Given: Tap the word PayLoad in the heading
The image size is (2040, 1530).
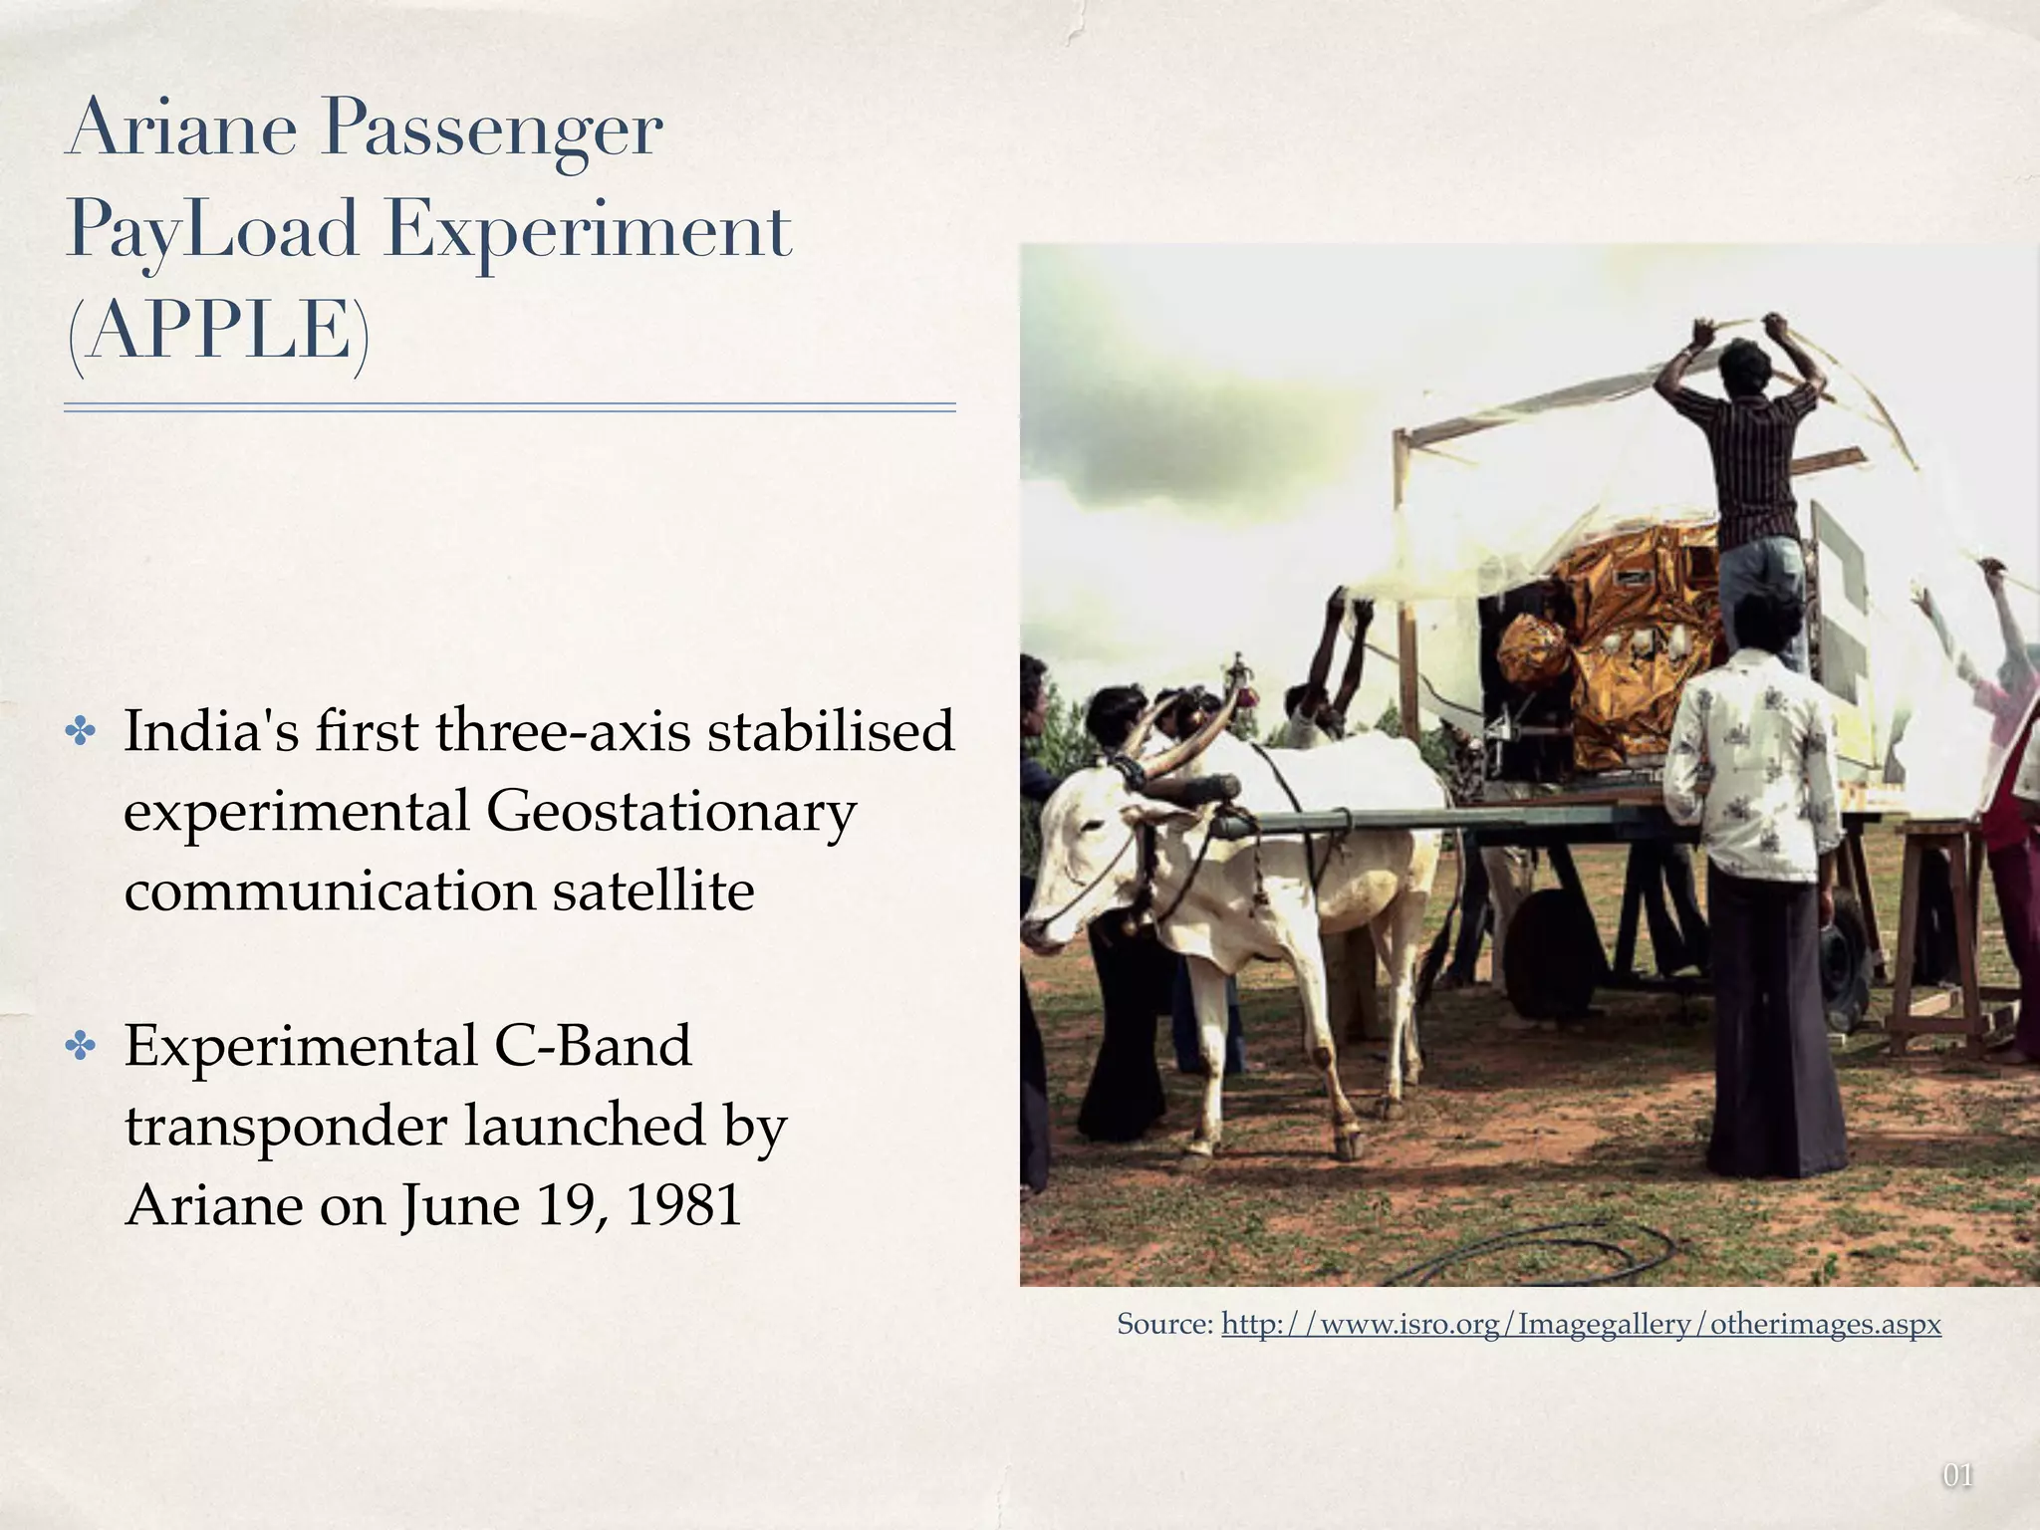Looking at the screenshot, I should pyautogui.click(x=211, y=231).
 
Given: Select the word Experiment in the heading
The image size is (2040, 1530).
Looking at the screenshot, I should pyautogui.click(x=588, y=231).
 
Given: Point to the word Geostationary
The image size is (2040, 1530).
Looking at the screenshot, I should pyautogui.click(x=670, y=812).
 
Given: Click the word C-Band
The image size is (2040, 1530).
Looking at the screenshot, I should pyautogui.click(x=592, y=1046).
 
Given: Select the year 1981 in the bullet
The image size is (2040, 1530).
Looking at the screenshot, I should pyautogui.click(x=684, y=1205).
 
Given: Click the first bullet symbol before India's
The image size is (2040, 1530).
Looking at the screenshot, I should pyautogui.click(x=81, y=733).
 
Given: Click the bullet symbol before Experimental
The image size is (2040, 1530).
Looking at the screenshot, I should pyautogui.click(x=81, y=1047).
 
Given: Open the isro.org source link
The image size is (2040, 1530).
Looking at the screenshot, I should pyautogui.click(x=1581, y=1325).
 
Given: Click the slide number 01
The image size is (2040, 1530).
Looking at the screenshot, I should pyautogui.click(x=1957, y=1475).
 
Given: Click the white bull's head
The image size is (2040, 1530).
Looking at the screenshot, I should pyautogui.click(x=1081, y=857).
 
